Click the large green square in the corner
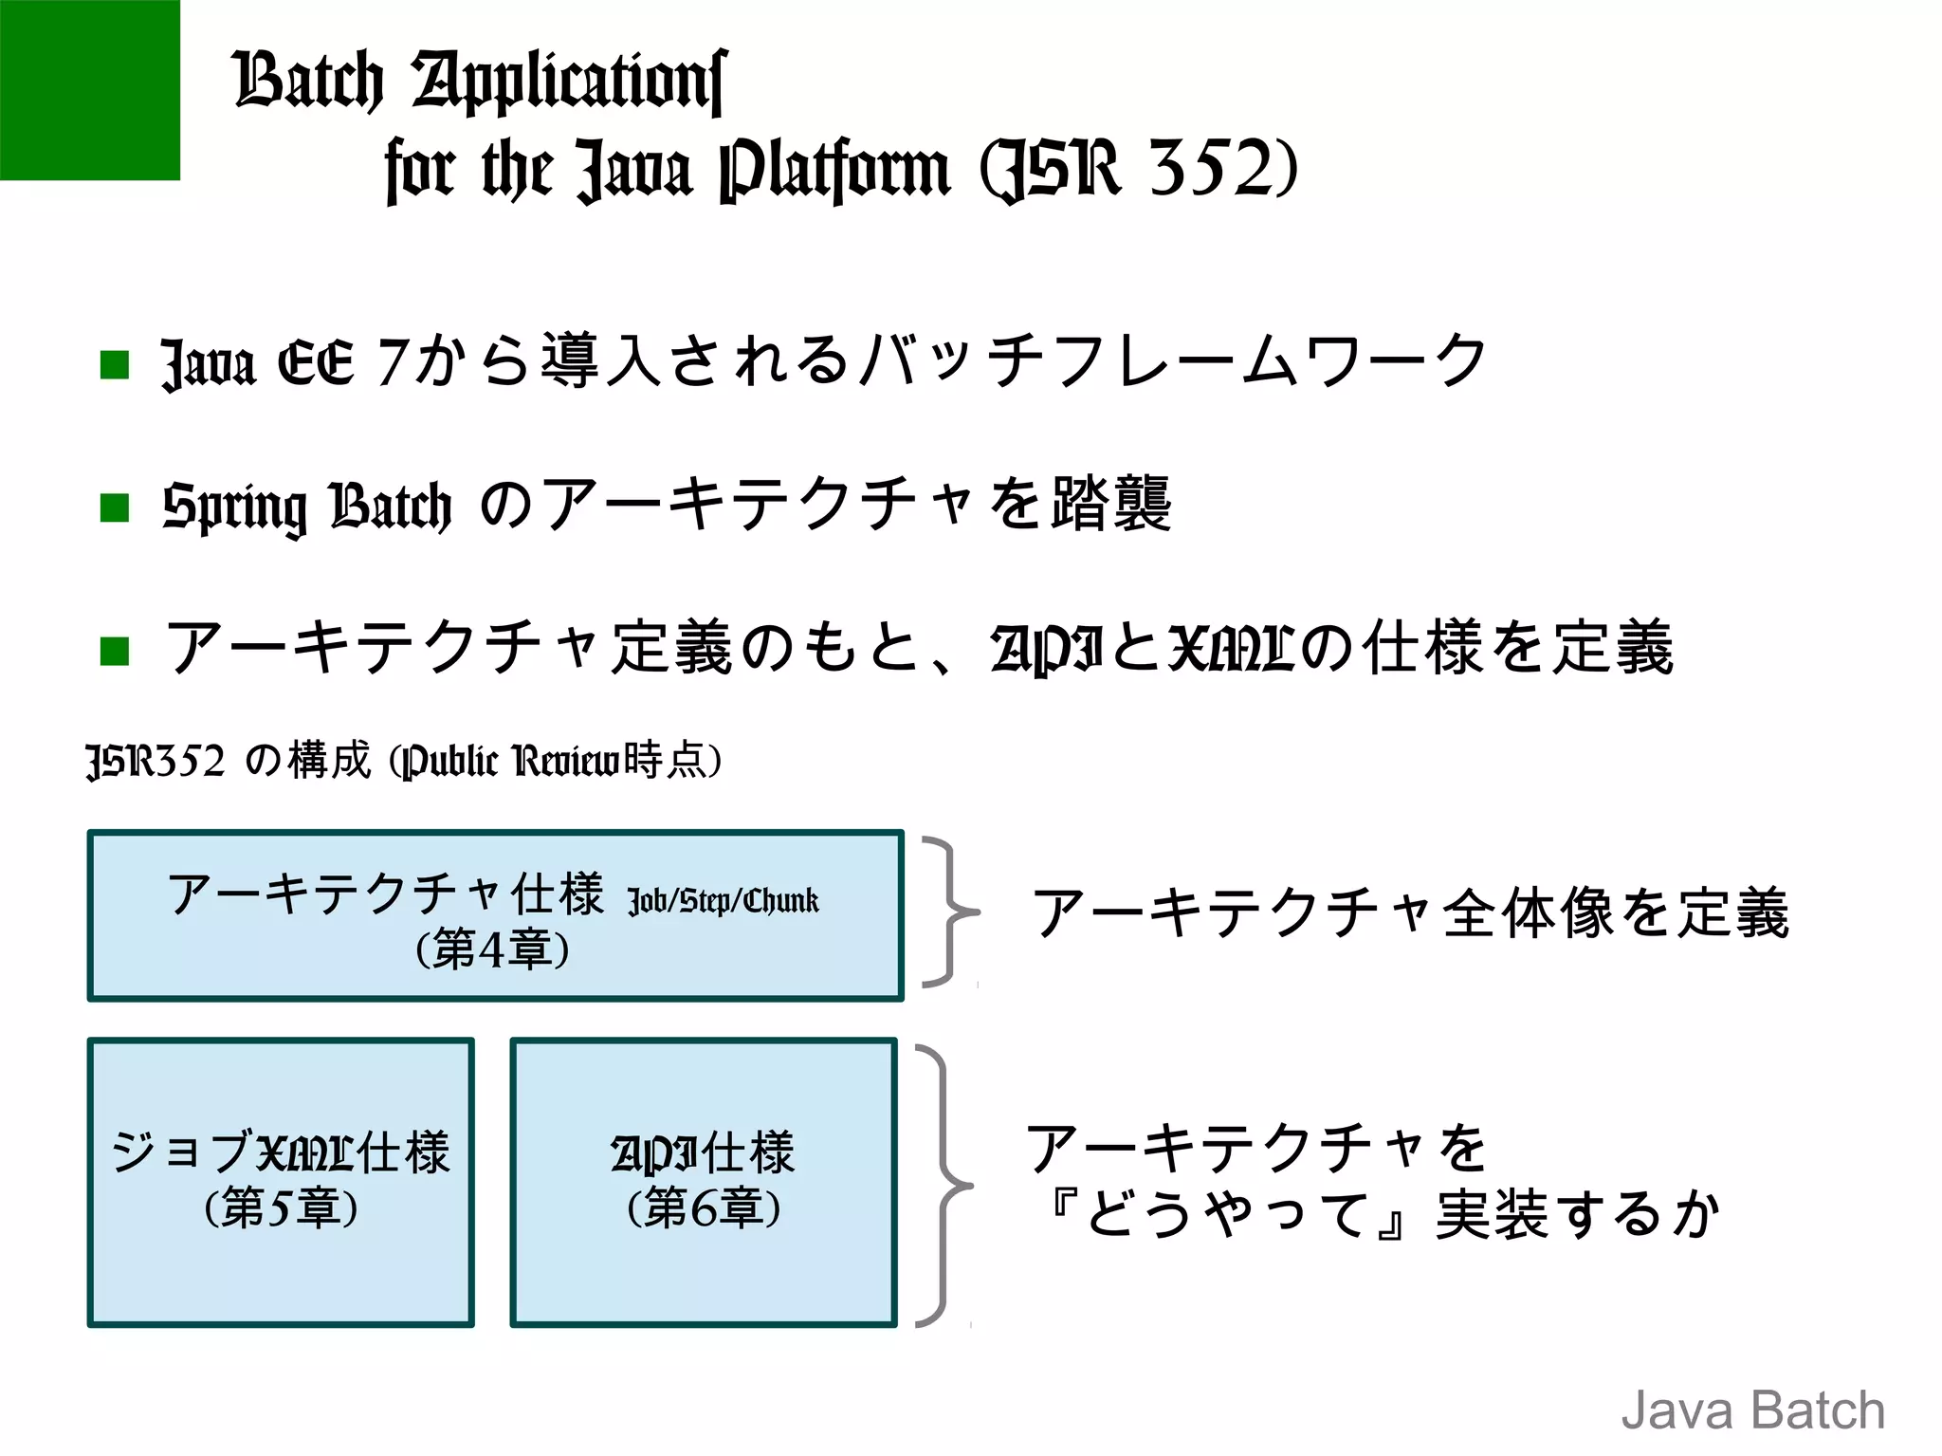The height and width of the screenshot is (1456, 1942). (x=89, y=89)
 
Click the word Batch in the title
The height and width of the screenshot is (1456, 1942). (x=308, y=80)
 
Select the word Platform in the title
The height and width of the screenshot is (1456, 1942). (x=834, y=171)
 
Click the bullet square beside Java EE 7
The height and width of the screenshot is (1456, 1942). (x=115, y=364)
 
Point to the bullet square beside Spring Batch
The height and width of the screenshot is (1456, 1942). (x=115, y=507)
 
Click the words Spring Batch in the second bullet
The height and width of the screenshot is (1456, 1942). (x=306, y=507)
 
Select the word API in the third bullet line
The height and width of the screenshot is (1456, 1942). (x=1045, y=650)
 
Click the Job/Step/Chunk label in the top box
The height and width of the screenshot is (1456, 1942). (x=723, y=900)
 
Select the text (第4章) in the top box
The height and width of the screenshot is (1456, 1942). (x=493, y=949)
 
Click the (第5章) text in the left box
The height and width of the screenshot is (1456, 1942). (x=281, y=1207)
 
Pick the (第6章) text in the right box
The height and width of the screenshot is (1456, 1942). (x=704, y=1207)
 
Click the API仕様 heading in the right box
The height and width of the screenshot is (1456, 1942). (x=704, y=1152)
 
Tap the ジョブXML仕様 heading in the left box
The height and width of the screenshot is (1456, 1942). (x=281, y=1152)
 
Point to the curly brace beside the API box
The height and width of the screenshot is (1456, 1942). (x=944, y=1186)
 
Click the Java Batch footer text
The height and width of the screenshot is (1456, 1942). (x=1752, y=1410)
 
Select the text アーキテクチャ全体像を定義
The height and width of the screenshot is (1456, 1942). (x=1410, y=912)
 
